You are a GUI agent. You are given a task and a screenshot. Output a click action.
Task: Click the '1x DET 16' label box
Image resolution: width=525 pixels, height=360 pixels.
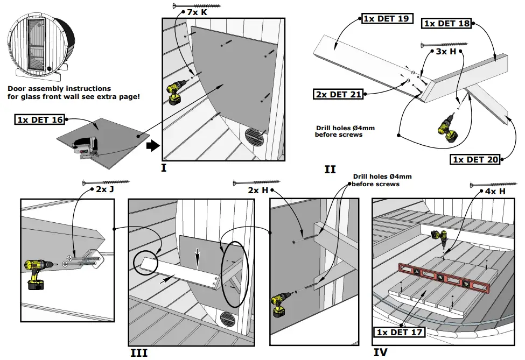click(x=40, y=119)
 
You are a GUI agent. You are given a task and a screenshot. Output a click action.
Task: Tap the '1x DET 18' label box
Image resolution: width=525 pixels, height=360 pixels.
click(x=447, y=23)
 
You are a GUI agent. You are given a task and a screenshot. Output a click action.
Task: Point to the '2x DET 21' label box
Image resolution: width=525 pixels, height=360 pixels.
click(x=338, y=94)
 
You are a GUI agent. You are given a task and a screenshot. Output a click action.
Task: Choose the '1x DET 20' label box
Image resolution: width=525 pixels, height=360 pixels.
click(x=475, y=159)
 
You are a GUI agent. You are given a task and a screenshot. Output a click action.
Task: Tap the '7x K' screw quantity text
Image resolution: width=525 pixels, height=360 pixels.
click(x=197, y=11)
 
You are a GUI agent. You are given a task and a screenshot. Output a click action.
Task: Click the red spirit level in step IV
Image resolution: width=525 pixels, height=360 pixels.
click(x=443, y=277)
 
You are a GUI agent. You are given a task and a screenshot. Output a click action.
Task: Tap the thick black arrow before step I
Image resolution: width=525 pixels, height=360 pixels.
click(x=153, y=145)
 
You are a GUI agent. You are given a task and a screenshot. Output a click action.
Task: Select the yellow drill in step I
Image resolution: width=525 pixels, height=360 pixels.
click(x=176, y=94)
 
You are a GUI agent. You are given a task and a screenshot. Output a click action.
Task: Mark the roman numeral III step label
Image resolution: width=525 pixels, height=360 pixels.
click(x=138, y=352)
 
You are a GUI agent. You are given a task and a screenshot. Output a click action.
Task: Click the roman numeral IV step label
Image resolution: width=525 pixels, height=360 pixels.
click(x=380, y=352)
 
